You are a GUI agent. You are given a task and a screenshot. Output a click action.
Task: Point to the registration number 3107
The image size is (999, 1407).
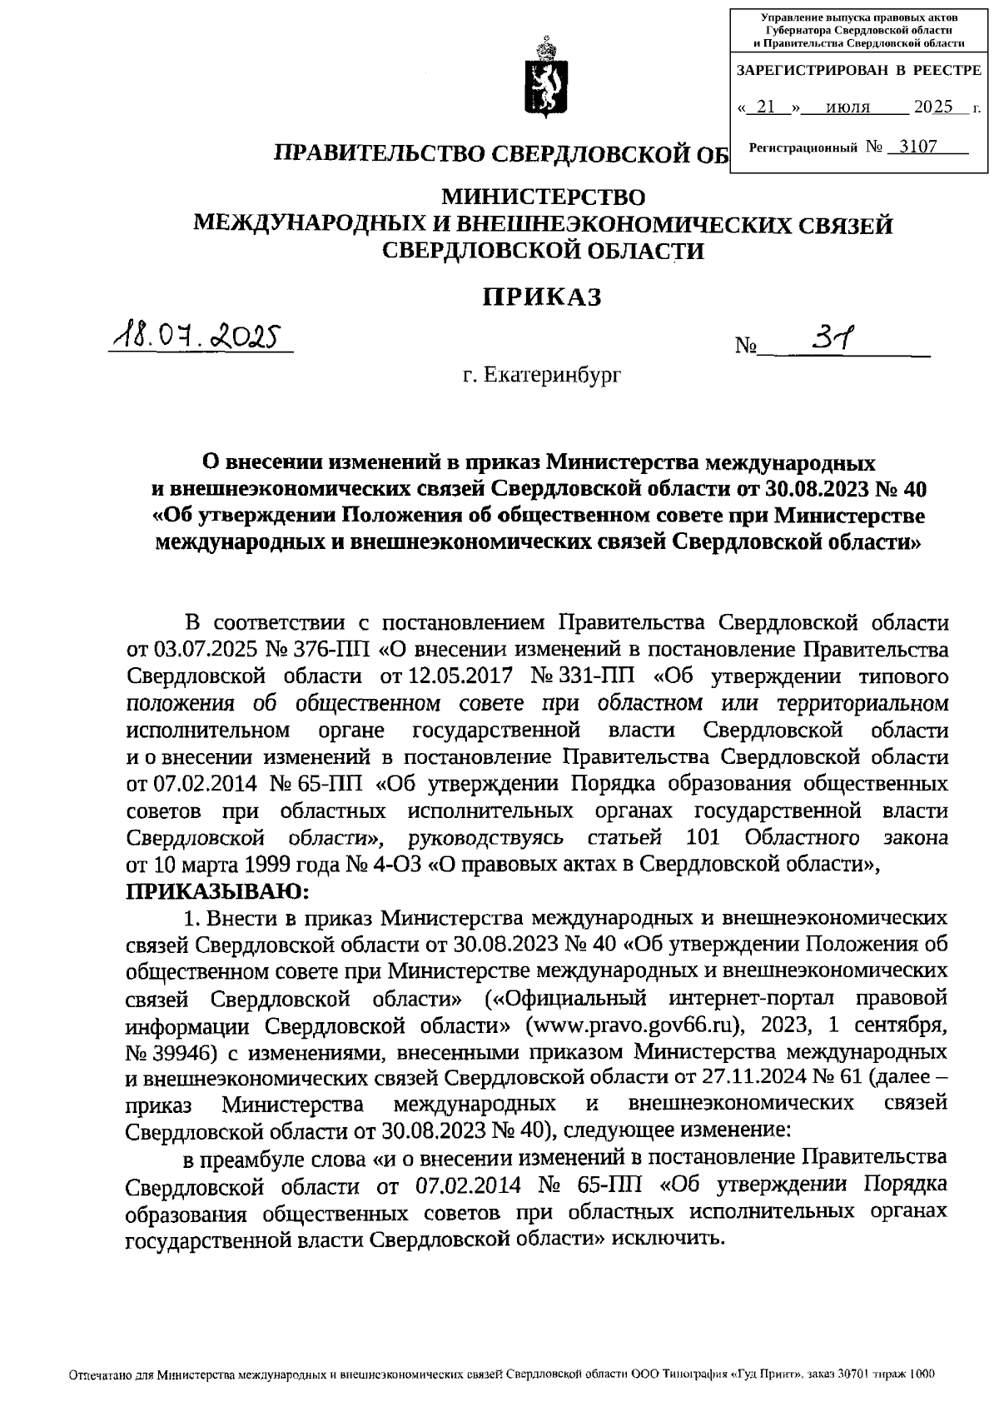[x=912, y=147]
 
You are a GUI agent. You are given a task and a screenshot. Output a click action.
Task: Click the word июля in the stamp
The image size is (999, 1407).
[x=848, y=107]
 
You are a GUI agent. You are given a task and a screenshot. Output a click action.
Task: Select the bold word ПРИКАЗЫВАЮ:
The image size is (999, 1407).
[x=217, y=891]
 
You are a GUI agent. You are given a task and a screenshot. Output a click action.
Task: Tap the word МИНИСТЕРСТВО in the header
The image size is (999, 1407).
[x=543, y=197]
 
